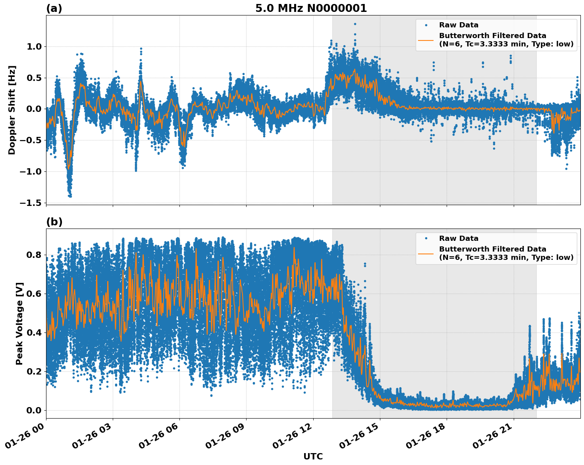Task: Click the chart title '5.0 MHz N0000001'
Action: point(311,8)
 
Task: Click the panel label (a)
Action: point(54,8)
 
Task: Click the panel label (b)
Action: point(54,222)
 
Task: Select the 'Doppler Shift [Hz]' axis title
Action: point(12,110)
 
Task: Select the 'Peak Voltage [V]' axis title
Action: point(19,323)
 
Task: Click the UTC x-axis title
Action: point(313,456)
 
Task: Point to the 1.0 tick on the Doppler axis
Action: point(34,46)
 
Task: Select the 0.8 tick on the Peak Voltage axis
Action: point(34,255)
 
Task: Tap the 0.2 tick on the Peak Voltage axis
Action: point(34,371)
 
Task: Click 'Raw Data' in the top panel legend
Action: point(459,25)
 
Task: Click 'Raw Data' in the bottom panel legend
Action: point(459,238)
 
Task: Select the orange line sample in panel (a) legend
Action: point(426,40)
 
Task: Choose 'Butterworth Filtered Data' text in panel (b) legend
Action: point(492,249)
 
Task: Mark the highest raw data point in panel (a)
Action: point(355,24)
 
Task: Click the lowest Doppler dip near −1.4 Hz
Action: point(70,196)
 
